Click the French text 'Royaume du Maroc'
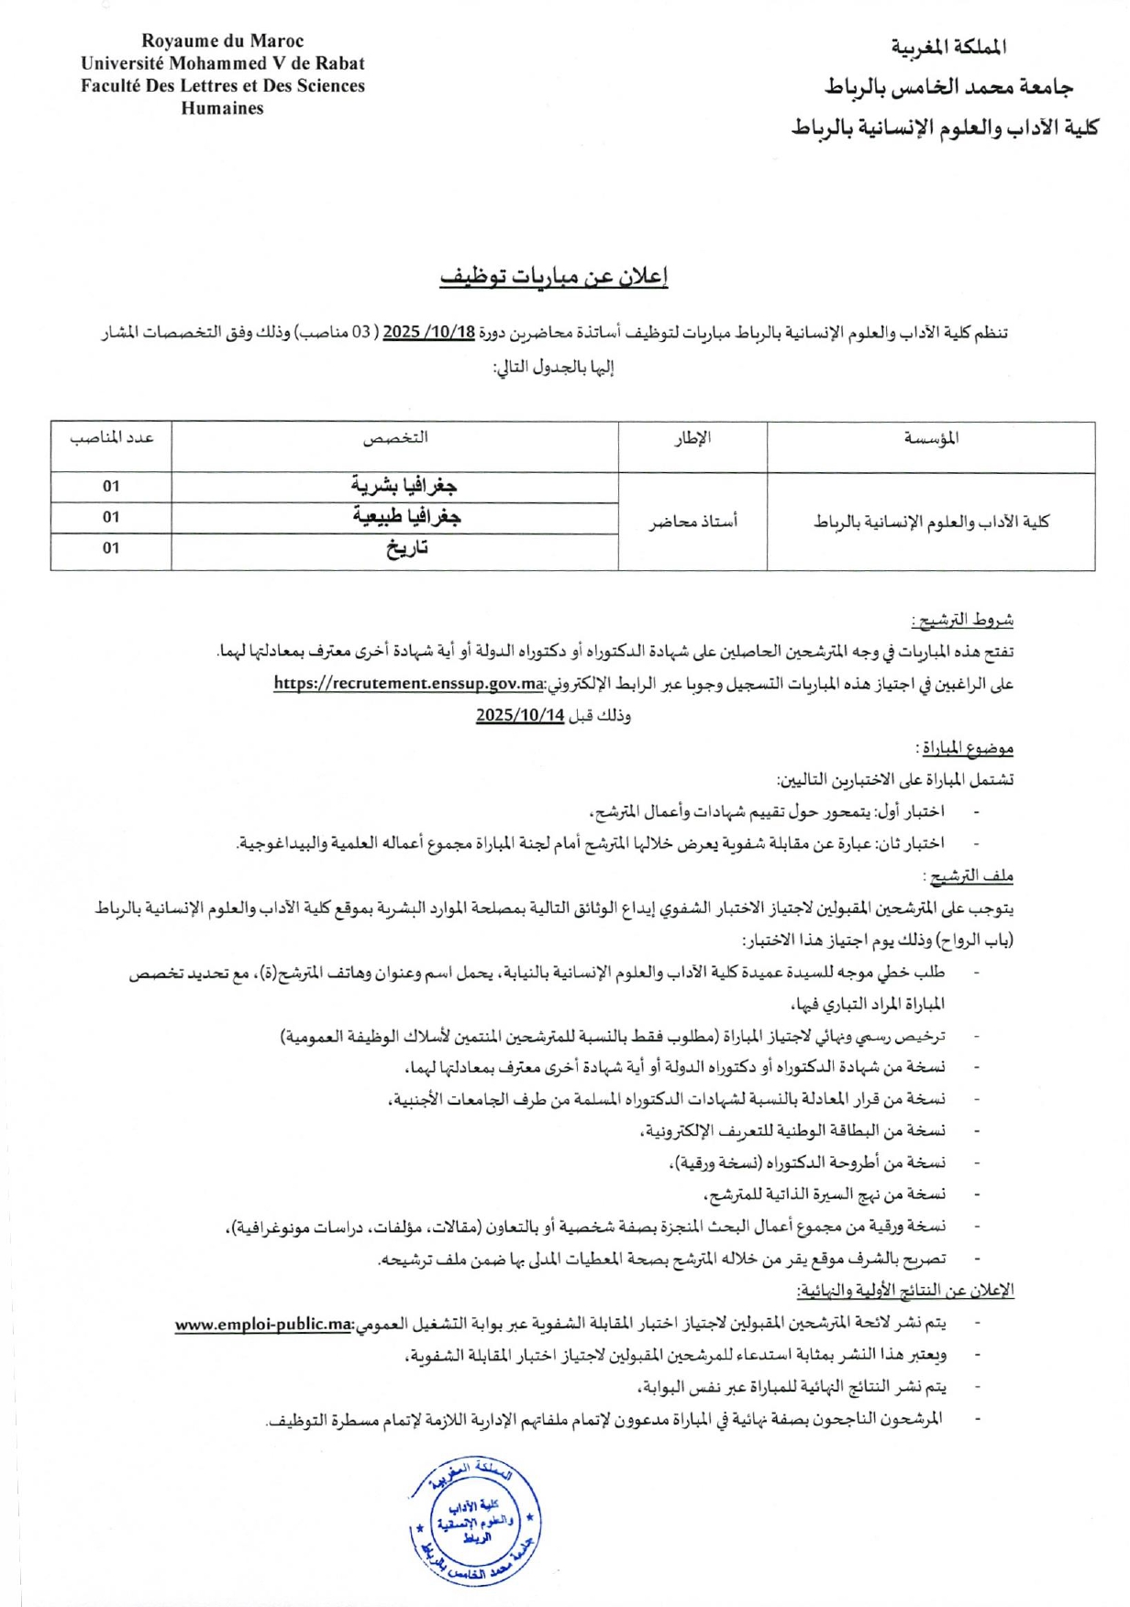pyautogui.click(x=222, y=41)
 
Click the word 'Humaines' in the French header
pyautogui.click(x=222, y=108)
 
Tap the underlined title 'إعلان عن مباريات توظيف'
pyautogui.click(x=554, y=276)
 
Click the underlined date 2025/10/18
pyautogui.click(x=428, y=332)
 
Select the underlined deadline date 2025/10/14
pyautogui.click(x=519, y=716)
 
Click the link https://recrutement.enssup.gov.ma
pyautogui.click(x=409, y=684)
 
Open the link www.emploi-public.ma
pyautogui.click(x=264, y=1325)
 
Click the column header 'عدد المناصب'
pyautogui.click(x=112, y=438)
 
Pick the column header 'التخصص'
pyautogui.click(x=395, y=438)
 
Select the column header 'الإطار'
pyautogui.click(x=692, y=438)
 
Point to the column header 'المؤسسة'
pyautogui.click(x=931, y=438)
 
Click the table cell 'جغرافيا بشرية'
pyautogui.click(x=404, y=486)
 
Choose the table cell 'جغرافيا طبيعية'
pyautogui.click(x=406, y=517)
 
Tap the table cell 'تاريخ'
pyautogui.click(x=406, y=549)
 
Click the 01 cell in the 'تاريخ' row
pyautogui.click(x=111, y=548)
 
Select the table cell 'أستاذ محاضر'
pyautogui.click(x=693, y=523)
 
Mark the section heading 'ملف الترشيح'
pyautogui.click(x=971, y=877)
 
